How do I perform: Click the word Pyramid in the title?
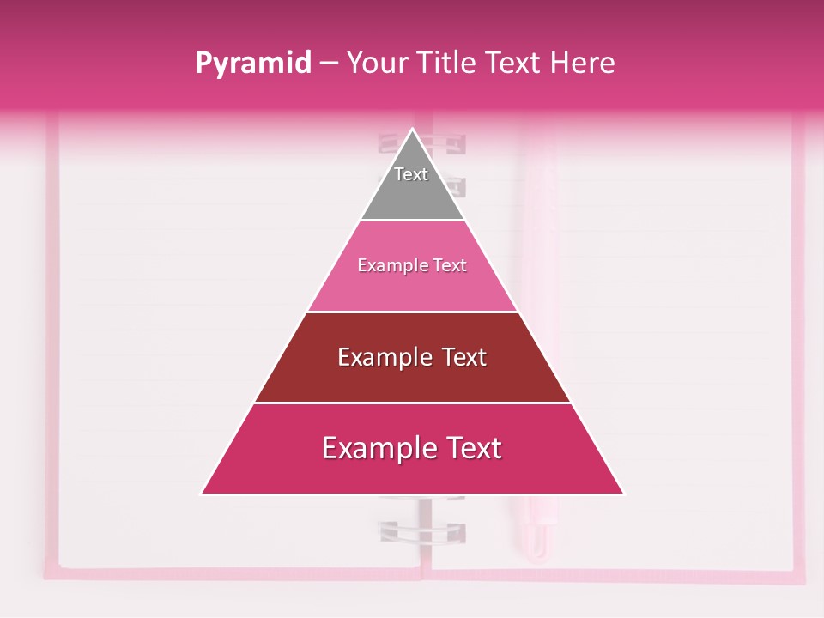(252, 64)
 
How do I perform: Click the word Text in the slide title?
(514, 63)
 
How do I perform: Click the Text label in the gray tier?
(411, 174)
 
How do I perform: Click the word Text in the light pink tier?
(450, 266)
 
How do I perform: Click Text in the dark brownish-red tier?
(464, 357)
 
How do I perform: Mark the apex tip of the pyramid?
(412, 131)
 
